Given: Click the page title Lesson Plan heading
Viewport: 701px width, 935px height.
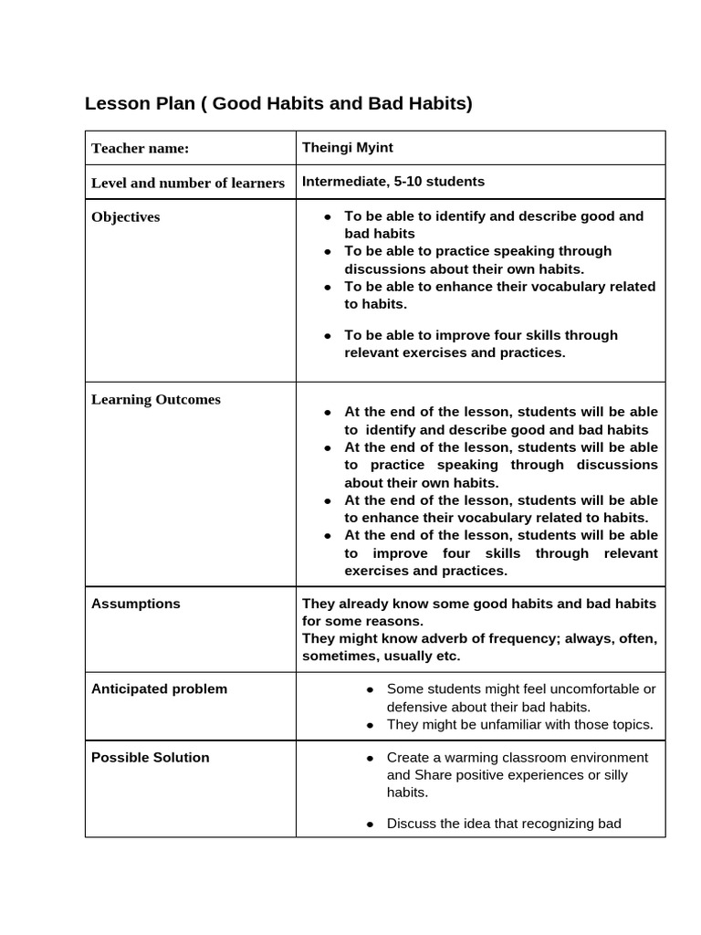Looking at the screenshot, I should pyautogui.click(x=278, y=103).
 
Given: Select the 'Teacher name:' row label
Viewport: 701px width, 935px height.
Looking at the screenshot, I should pyautogui.click(x=140, y=148).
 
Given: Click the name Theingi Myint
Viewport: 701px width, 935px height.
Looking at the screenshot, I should pyautogui.click(x=348, y=147).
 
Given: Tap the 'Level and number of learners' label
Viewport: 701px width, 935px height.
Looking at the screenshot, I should pyautogui.click(x=188, y=183).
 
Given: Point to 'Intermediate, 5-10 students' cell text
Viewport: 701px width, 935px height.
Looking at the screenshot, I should pyautogui.click(x=393, y=182).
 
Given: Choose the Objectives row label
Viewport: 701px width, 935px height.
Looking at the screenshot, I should pyautogui.click(x=125, y=217).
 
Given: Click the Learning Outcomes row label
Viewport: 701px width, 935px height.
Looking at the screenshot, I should pyautogui.click(x=155, y=400).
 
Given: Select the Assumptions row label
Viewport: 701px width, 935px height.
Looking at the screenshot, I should pyautogui.click(x=135, y=604).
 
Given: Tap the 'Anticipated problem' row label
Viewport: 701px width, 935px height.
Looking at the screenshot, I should pyautogui.click(x=159, y=689).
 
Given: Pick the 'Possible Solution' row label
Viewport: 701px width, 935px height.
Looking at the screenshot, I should pyautogui.click(x=150, y=758).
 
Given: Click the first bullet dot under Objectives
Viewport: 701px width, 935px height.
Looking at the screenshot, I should pyautogui.click(x=327, y=217).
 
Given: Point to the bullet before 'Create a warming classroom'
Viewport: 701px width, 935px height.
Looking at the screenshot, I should pyautogui.click(x=370, y=759).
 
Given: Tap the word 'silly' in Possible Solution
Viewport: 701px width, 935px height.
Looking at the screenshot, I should pyautogui.click(x=636, y=775).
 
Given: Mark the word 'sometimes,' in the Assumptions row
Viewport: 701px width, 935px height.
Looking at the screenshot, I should pyautogui.click(x=338, y=656).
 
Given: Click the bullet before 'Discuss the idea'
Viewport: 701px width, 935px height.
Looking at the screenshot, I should pyautogui.click(x=370, y=825).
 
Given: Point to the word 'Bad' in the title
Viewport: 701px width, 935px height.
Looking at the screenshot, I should pyautogui.click(x=385, y=103).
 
